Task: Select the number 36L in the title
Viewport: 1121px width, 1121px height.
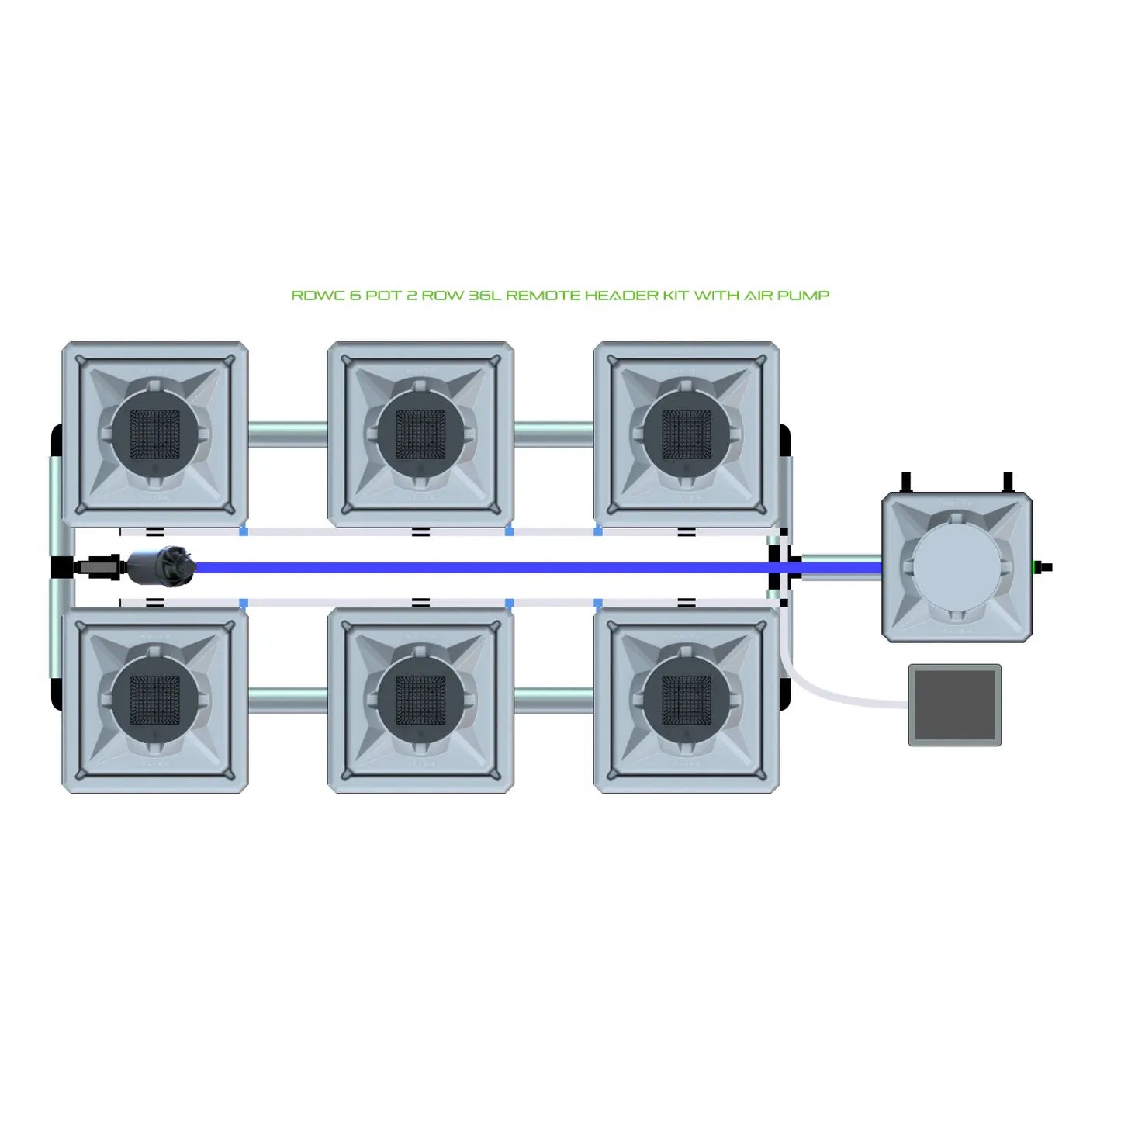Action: pos(485,296)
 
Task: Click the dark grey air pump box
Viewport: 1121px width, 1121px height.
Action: pos(955,704)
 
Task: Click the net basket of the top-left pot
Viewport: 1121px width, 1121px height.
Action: pos(154,434)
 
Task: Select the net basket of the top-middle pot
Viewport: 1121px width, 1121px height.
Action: pos(420,434)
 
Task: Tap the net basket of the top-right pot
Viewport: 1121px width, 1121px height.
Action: pos(687,434)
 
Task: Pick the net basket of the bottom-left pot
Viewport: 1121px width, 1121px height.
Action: pos(154,701)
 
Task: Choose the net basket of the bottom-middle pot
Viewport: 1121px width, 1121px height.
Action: pos(420,701)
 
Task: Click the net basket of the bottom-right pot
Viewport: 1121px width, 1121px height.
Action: pos(687,701)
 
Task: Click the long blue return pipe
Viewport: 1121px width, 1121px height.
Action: pos(538,567)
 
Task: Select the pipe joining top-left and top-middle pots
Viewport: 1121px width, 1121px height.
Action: pos(288,434)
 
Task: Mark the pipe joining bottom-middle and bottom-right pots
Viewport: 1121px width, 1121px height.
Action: pos(554,701)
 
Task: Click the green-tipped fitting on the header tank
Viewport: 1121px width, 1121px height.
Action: pos(1042,566)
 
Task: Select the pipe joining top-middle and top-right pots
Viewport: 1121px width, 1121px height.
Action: pos(554,434)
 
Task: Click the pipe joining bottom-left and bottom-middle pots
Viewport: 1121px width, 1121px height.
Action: pos(288,701)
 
